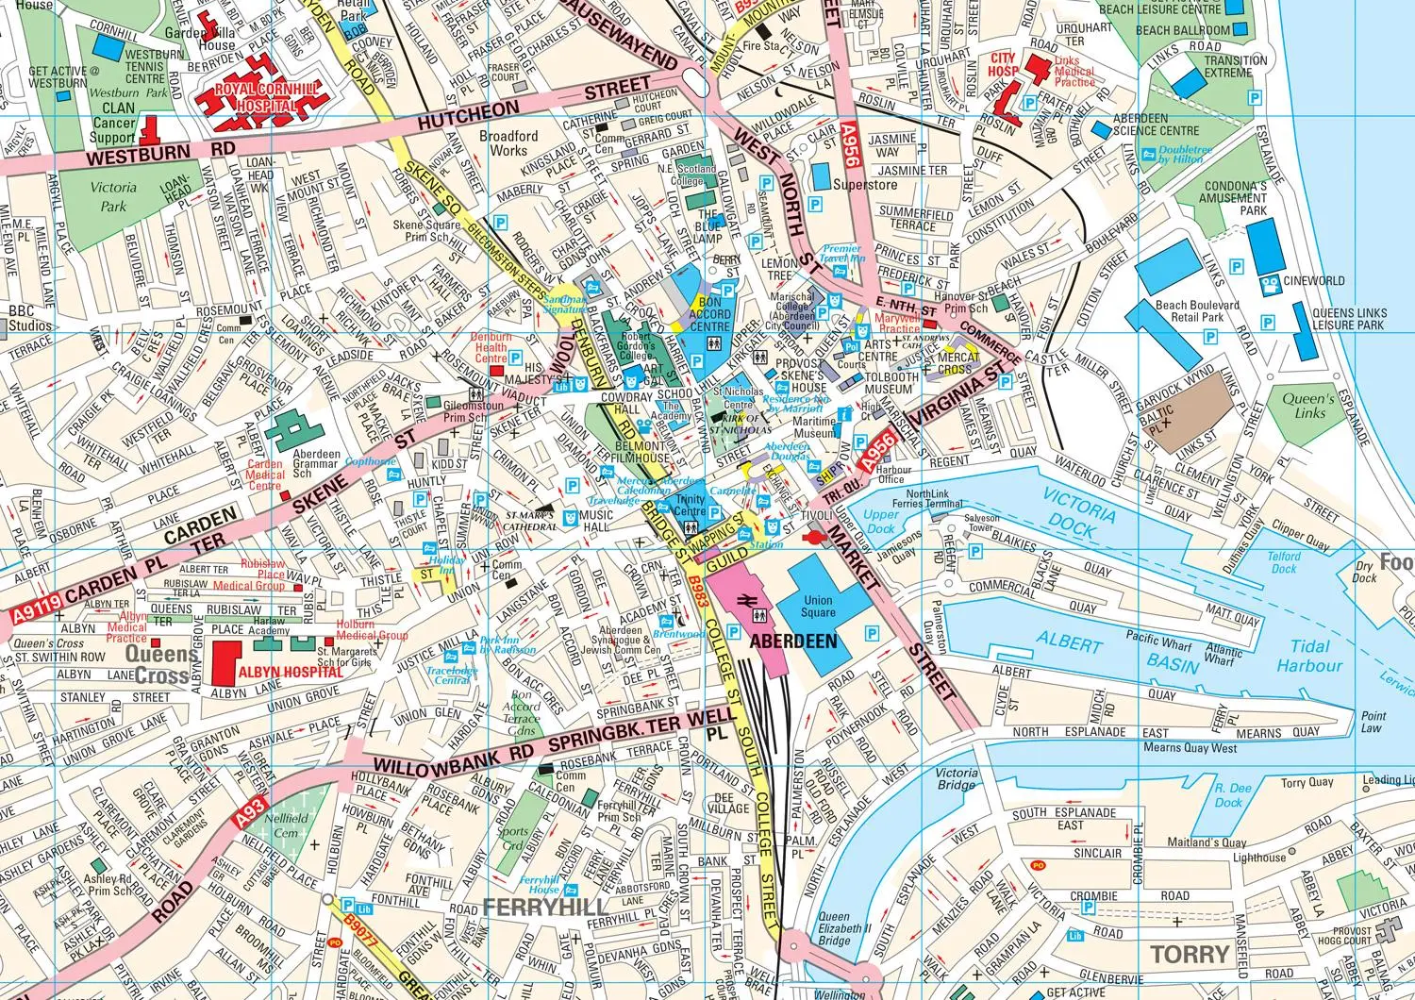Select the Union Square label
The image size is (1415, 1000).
(818, 607)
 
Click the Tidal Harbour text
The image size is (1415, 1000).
(1309, 656)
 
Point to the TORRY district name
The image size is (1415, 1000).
(1190, 954)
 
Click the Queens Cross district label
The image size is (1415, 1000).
(154, 664)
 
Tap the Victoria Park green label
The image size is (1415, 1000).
(112, 196)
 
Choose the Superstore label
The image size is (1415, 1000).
(865, 185)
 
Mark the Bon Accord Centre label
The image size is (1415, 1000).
(709, 314)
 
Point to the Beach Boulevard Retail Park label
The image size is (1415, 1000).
(1197, 311)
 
